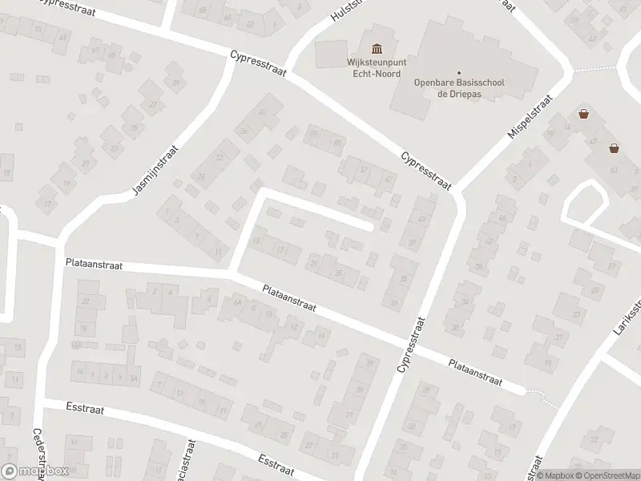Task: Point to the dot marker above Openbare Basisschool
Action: click(459, 72)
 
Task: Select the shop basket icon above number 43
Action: click(614, 147)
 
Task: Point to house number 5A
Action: click(135, 378)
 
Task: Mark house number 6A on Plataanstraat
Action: click(236, 302)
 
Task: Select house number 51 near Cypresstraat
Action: click(364, 169)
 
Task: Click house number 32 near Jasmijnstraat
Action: click(220, 157)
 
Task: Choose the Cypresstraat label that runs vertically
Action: click(411, 345)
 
